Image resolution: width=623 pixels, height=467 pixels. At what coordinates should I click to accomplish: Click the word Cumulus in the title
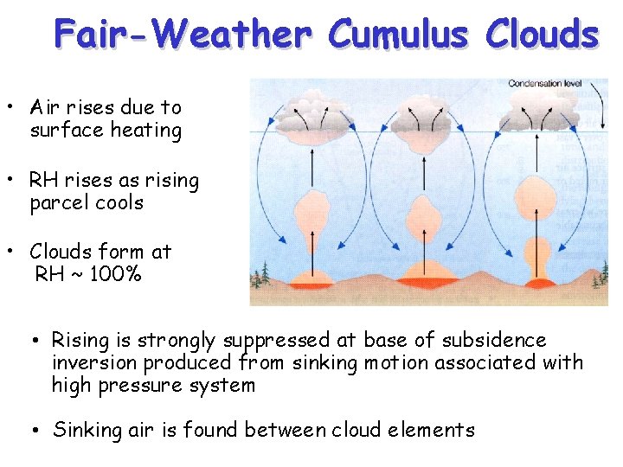click(400, 35)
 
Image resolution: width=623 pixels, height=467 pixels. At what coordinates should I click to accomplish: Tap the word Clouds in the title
click(543, 35)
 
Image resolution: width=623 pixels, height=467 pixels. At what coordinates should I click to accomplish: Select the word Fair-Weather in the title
click(182, 35)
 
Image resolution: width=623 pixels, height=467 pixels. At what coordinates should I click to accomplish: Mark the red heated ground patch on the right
click(542, 282)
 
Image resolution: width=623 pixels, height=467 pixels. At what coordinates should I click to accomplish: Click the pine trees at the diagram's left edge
click(259, 277)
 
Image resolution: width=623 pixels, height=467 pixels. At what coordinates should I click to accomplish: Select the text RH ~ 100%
click(88, 275)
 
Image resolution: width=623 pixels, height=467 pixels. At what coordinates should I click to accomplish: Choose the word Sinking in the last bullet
click(85, 430)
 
